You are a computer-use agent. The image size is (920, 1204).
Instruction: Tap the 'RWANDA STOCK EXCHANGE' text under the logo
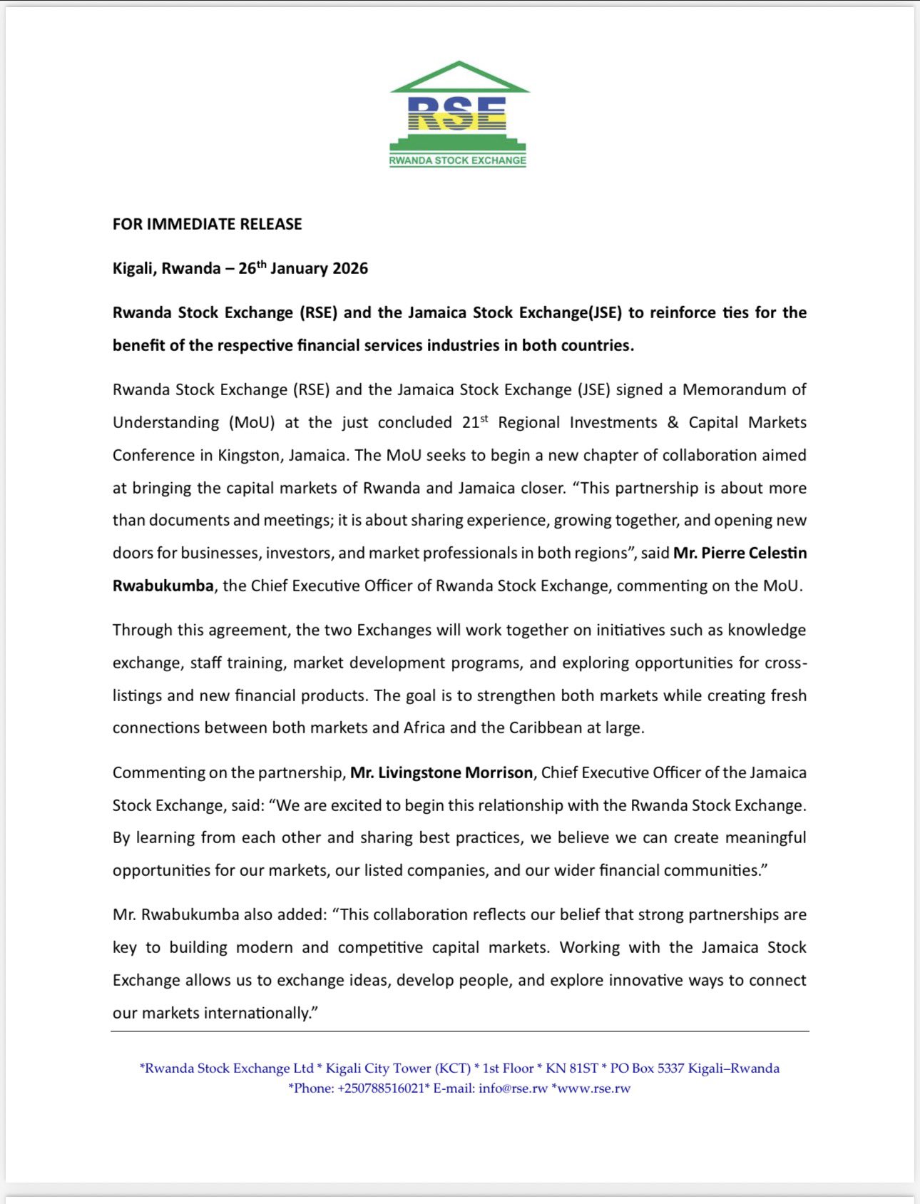458,160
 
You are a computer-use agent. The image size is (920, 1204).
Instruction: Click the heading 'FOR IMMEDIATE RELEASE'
208,224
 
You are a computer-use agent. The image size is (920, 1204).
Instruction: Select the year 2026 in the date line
349,269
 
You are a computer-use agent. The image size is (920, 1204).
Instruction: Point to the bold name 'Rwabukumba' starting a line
163,586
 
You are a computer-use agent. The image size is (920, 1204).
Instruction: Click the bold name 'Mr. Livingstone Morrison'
441,772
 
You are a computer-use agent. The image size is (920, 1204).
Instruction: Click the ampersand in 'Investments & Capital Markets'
673,422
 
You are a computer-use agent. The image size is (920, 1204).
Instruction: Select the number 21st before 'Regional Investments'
474,422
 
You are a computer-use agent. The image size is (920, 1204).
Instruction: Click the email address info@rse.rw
513,1088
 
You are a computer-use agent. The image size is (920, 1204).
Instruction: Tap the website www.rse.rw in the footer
593,1088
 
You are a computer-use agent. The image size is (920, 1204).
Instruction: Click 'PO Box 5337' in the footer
650,1068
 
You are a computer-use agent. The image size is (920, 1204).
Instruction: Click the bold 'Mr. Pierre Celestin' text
740,553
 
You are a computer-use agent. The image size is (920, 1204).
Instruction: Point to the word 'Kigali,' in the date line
135,269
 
